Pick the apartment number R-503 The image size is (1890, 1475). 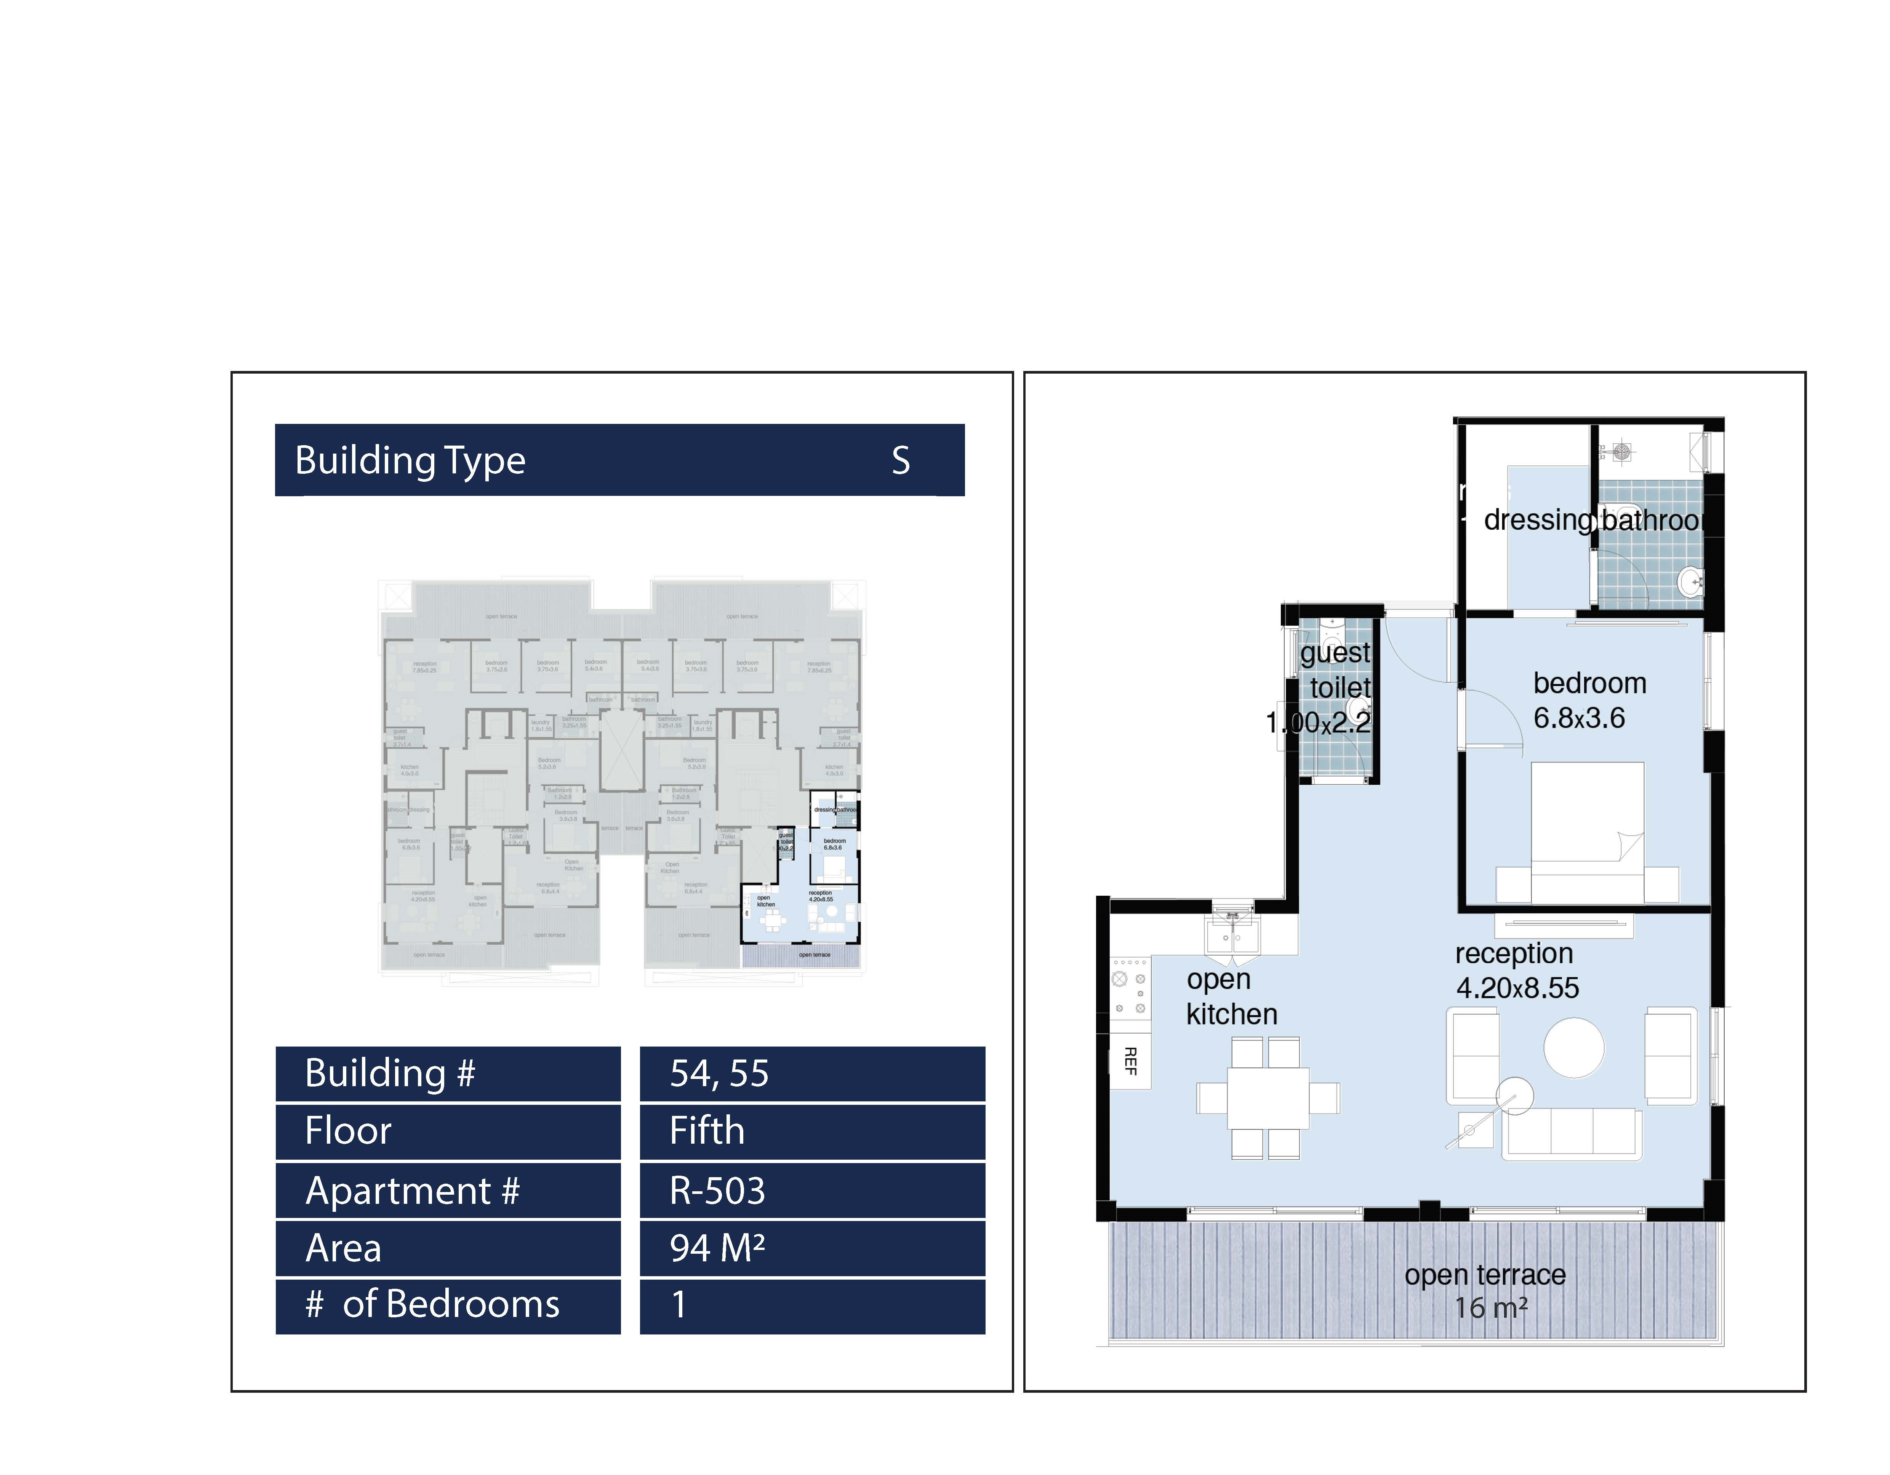pos(717,1191)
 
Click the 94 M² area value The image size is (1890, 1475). pos(717,1248)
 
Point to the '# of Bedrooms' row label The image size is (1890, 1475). pos(432,1304)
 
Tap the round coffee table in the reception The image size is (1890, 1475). pos(1573,1048)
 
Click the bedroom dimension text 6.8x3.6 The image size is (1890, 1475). pos(1578,718)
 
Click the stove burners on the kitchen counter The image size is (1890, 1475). pos(1129,993)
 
